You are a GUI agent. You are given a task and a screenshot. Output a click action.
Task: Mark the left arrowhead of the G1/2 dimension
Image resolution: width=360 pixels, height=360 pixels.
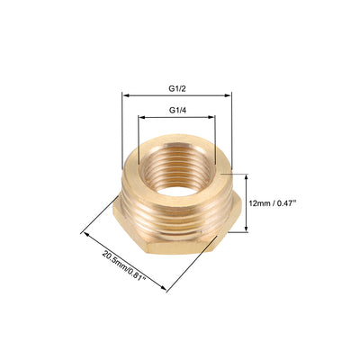124,94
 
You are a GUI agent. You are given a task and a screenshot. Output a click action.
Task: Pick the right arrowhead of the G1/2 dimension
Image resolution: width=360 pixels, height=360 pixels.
229,94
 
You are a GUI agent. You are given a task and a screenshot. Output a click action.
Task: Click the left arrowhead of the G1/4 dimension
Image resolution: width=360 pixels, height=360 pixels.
141,115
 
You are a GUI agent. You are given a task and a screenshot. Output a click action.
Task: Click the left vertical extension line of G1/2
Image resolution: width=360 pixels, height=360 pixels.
121,135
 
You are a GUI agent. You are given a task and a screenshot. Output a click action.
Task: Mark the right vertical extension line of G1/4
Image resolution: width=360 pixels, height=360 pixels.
215,135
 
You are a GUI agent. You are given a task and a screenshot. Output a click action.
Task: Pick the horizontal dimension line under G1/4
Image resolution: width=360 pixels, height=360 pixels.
176,115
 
